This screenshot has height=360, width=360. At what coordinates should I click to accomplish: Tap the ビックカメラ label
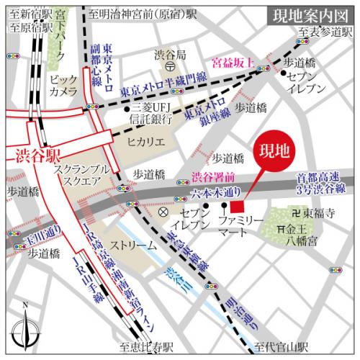64,86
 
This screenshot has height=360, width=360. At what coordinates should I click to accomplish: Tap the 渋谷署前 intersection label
212,177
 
